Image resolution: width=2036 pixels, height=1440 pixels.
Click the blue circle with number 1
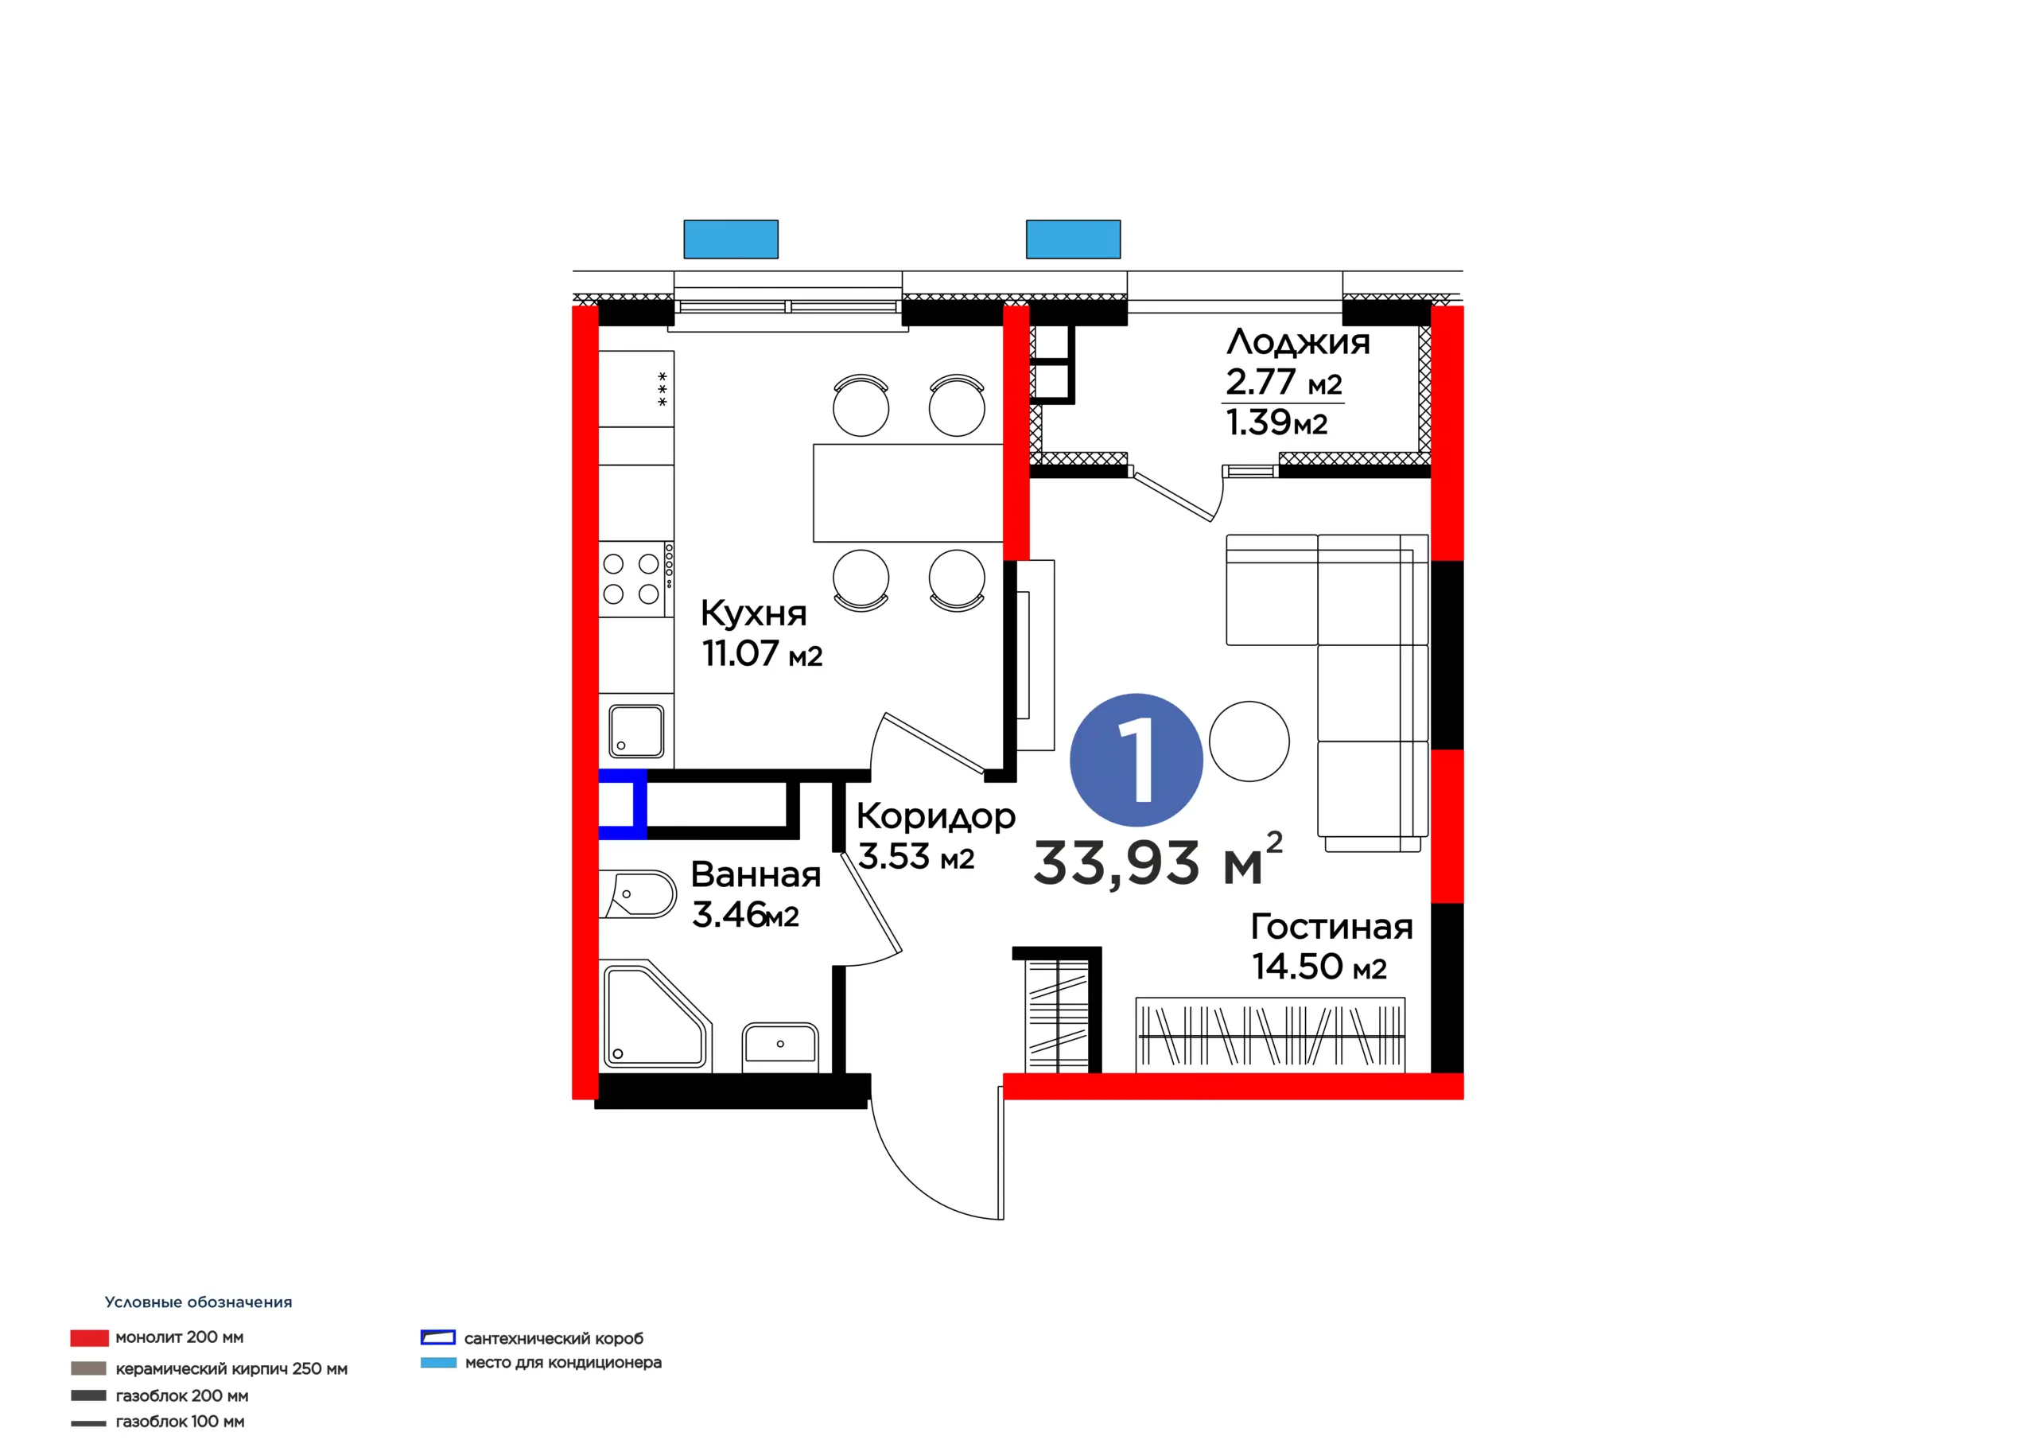click(1136, 760)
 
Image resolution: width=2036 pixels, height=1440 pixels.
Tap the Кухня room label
click(754, 613)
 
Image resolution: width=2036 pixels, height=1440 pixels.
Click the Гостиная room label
click(1332, 927)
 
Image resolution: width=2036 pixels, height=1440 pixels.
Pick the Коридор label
click(935, 817)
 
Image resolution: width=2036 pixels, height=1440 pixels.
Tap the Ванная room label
click(756, 875)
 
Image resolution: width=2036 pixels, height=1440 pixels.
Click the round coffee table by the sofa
click(1249, 741)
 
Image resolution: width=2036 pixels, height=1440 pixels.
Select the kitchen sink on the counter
click(637, 731)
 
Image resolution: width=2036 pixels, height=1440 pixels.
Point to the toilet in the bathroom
click(638, 893)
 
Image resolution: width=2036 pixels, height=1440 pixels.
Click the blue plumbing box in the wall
click(622, 804)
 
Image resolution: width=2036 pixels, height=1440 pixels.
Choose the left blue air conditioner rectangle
click(731, 239)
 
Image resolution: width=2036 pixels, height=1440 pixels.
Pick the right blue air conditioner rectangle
click(1073, 239)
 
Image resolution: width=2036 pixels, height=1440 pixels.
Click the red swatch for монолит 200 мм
click(90, 1338)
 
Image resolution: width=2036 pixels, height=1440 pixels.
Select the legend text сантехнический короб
click(554, 1338)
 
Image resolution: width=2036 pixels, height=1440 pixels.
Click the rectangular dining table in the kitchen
click(908, 492)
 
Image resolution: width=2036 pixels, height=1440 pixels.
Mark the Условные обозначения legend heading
click(199, 1302)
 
